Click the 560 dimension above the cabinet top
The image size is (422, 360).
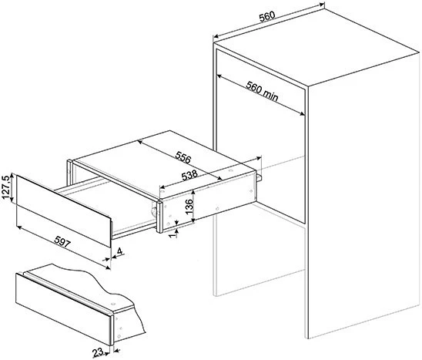coord(267,16)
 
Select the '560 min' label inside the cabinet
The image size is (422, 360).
coord(262,91)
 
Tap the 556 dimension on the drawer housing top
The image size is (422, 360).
coord(183,157)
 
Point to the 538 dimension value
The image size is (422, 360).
coord(189,176)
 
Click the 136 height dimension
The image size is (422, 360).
coord(189,206)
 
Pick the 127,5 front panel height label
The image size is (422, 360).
coord(6,187)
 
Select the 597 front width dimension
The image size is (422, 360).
coord(62,241)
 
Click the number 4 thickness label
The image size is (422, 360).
coord(119,251)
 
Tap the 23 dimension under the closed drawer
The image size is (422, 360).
coord(98,352)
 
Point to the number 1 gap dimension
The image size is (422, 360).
coord(173,234)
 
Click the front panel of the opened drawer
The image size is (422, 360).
coord(63,210)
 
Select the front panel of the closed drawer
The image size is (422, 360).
coord(63,309)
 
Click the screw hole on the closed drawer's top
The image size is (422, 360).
coord(112,304)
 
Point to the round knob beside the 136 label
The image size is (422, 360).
coord(153,211)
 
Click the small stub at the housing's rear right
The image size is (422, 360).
coord(259,177)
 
